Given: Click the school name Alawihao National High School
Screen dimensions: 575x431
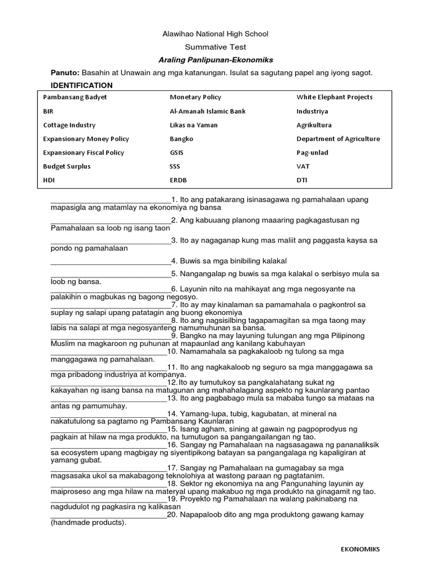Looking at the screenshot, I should coord(215,34).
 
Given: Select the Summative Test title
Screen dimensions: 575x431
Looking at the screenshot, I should coord(215,47).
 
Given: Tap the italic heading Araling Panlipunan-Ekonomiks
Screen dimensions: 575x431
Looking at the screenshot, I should coord(215,60).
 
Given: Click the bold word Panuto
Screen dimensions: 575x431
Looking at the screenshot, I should coord(65,73).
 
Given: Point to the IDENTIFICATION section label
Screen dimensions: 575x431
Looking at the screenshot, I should coord(81,85).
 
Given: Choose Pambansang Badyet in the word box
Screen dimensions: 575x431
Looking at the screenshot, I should coord(75,97).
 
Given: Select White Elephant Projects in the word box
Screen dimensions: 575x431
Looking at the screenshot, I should coord(334,97).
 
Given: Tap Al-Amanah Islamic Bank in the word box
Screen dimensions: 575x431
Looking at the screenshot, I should coord(208,111).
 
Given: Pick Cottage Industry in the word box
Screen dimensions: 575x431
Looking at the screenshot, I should coord(69,125).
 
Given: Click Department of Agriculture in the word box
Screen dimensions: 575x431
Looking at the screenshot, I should coord(338,139).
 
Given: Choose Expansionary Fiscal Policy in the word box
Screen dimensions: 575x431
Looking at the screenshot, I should coord(84,153).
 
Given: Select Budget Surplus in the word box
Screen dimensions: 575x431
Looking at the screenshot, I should coord(67,167).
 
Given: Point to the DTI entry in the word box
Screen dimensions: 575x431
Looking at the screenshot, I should coord(302,180).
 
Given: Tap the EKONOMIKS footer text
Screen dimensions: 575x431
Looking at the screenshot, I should coord(360,549).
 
